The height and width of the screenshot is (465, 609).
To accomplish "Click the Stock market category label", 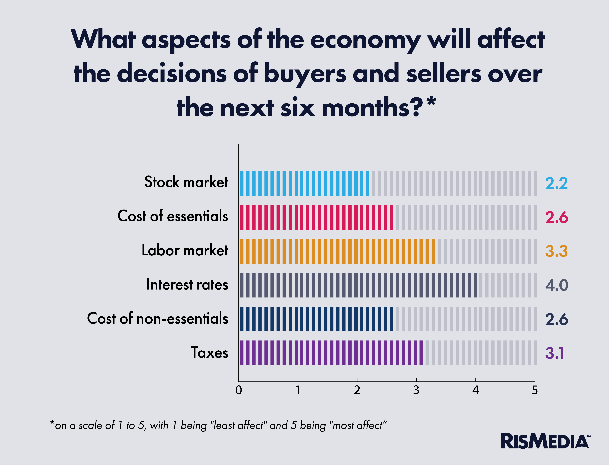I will click(186, 182).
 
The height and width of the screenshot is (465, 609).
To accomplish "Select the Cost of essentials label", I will click(173, 216).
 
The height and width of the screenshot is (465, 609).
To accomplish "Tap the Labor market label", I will click(185, 250).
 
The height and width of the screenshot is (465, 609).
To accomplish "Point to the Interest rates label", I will click(187, 285).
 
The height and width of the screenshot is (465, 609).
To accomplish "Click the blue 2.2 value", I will click(556, 183).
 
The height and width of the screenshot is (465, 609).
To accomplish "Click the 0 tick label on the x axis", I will click(239, 390).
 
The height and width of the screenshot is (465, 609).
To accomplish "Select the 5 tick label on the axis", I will click(535, 390).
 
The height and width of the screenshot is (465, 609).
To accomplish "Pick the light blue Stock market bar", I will click(304, 184).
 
